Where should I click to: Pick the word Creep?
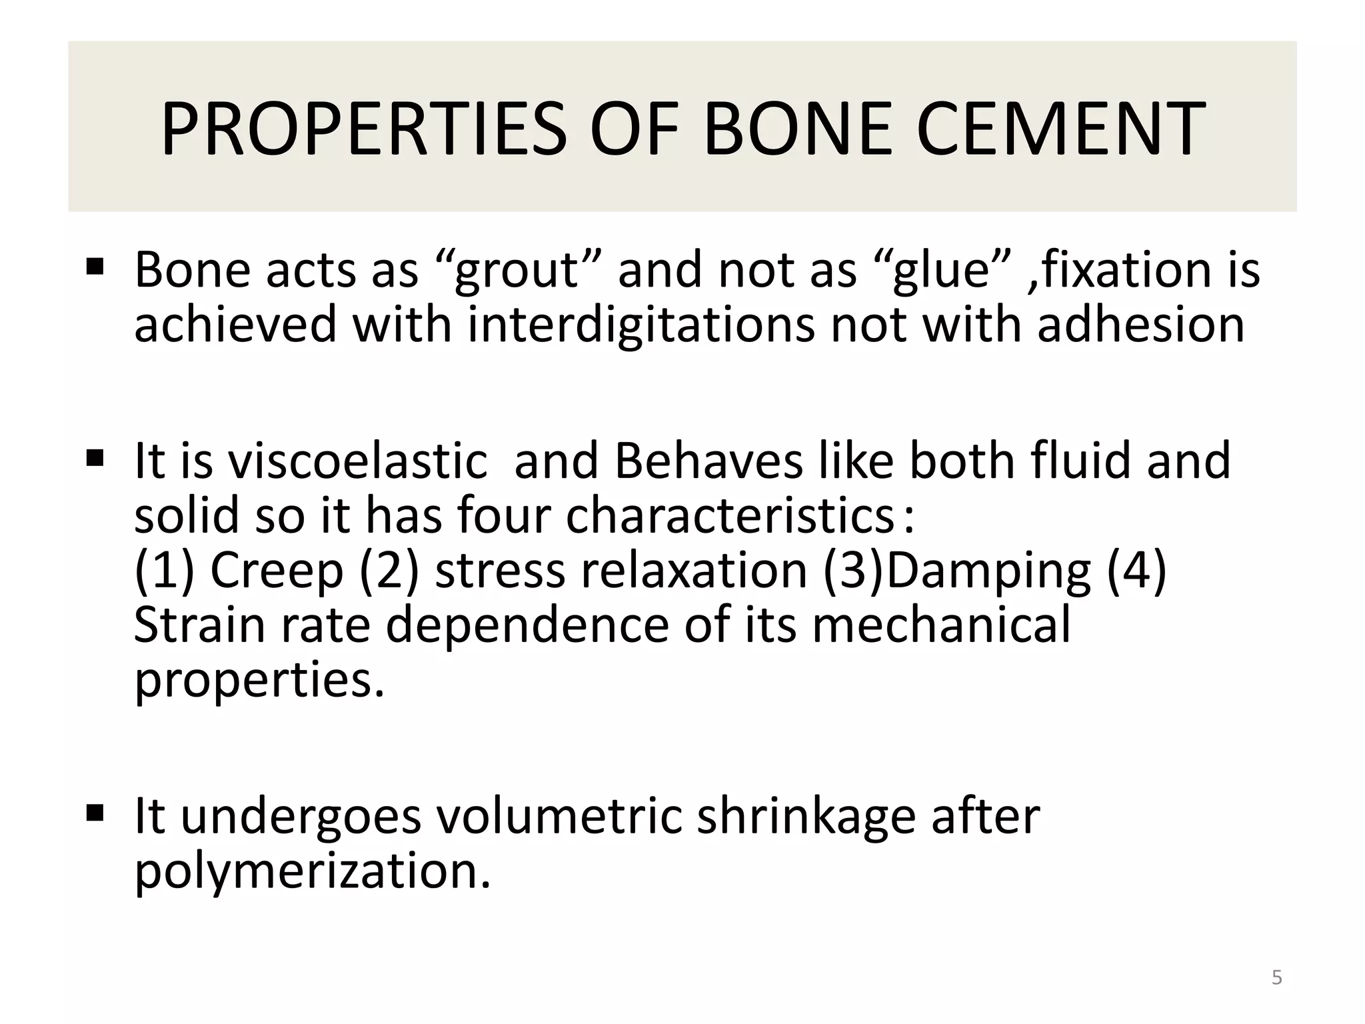tap(277, 571)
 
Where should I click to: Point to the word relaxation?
tap(694, 571)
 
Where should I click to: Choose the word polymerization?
tap(312, 872)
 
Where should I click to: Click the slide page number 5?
tap(1276, 978)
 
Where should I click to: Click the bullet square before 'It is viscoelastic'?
tap(95, 458)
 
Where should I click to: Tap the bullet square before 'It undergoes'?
tap(95, 813)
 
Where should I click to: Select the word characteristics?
tap(729, 517)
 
